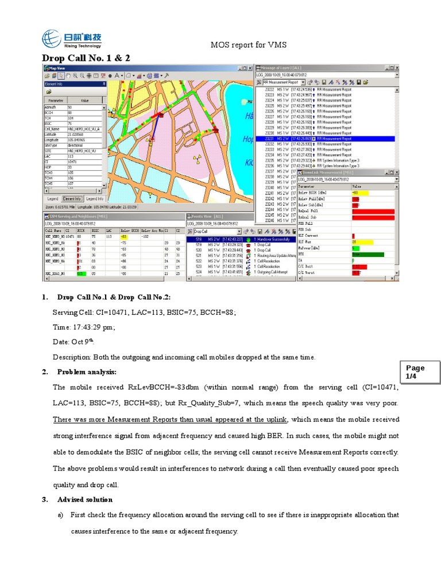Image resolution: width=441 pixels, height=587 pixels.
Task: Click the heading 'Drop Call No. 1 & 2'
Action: point(86,58)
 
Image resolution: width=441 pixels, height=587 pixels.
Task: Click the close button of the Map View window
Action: point(251,68)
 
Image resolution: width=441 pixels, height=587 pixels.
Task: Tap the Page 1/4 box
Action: point(415,371)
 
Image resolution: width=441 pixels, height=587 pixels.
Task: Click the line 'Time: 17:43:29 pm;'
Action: point(84,327)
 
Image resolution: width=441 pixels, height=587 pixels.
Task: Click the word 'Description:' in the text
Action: point(72,357)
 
